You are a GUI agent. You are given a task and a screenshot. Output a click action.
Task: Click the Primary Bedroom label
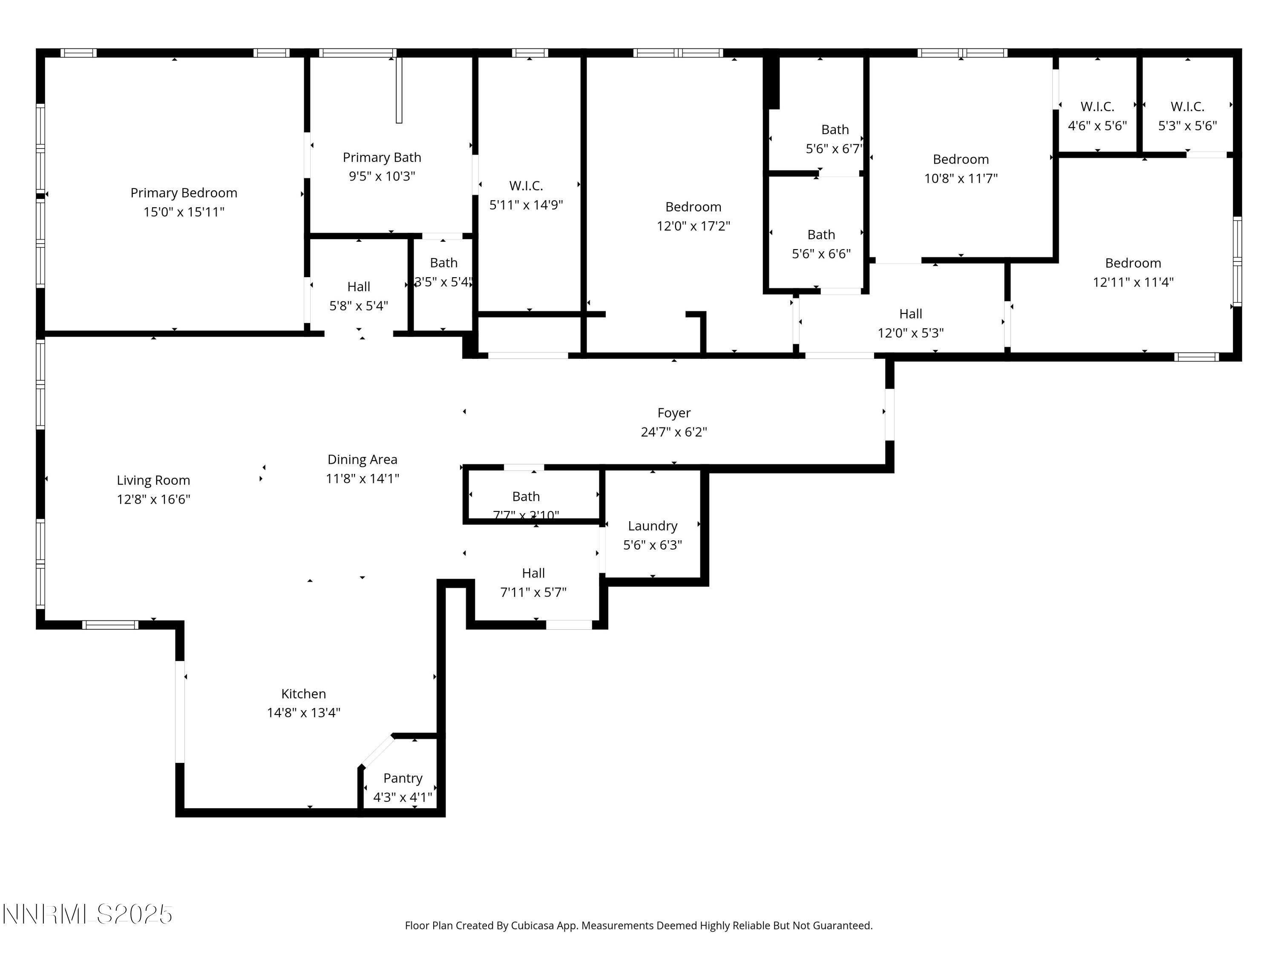click(x=184, y=193)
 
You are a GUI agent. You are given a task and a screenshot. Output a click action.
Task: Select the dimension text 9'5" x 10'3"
click(x=382, y=176)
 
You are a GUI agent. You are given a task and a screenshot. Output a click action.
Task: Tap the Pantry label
click(x=403, y=778)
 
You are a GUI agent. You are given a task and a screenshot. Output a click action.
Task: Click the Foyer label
click(x=674, y=413)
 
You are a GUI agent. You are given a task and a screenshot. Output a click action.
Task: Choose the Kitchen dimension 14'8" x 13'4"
click(x=303, y=713)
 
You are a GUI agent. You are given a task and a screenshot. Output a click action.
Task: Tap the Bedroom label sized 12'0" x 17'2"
click(x=693, y=207)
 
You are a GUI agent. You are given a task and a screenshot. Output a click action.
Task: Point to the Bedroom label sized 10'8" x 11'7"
click(x=960, y=159)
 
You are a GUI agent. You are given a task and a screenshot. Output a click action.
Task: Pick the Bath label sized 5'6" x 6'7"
click(x=835, y=129)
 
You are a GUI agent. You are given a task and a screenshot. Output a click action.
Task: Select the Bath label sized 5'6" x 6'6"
click(x=820, y=235)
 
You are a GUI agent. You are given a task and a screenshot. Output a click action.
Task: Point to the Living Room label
click(x=153, y=480)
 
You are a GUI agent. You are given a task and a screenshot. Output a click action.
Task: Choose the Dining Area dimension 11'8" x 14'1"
click(x=362, y=479)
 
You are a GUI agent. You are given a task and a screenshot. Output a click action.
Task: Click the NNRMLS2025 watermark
click(x=87, y=914)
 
